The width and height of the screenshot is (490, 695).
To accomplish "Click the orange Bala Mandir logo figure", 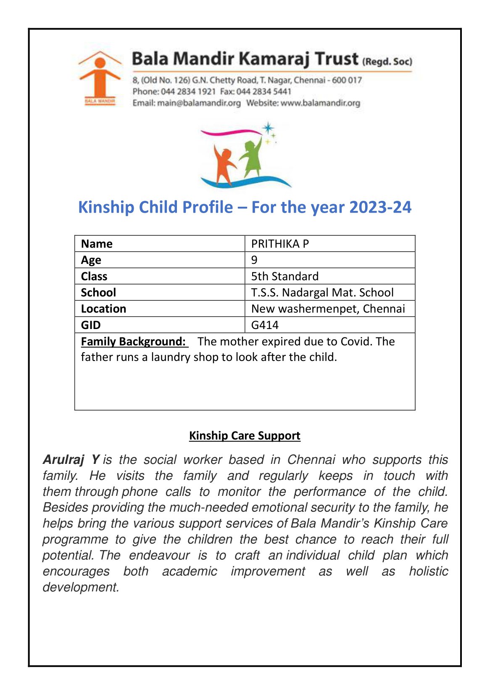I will click(x=100, y=78).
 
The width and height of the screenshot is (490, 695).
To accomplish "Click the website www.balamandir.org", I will click(x=320, y=103).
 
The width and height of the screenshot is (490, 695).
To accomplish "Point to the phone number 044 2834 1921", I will click(x=188, y=92).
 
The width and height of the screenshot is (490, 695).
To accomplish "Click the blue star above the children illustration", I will click(x=268, y=128).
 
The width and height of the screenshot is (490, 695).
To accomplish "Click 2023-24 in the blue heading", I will click(x=380, y=207).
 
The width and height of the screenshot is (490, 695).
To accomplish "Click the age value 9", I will click(x=254, y=260).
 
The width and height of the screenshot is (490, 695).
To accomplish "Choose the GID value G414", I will click(x=265, y=325).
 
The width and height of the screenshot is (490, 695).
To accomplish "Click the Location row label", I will click(x=103, y=309).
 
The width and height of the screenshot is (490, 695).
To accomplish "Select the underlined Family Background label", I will click(x=134, y=341).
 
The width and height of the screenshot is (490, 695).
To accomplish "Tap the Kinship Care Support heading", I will click(x=245, y=435).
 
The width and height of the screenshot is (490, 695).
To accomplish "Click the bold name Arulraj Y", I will click(x=71, y=460).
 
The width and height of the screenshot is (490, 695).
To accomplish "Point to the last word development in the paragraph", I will click(x=81, y=587).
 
